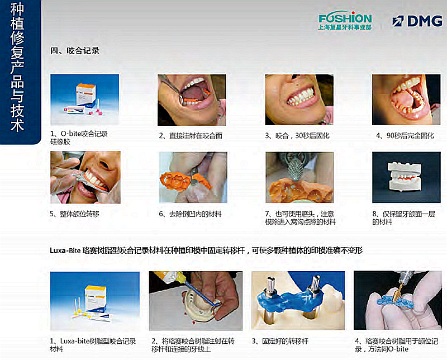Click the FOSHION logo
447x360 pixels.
point(345,21)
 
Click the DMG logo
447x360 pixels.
point(417,21)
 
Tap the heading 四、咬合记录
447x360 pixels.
point(75,51)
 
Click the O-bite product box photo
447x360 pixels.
point(85,100)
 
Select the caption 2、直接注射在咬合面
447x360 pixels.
point(191,136)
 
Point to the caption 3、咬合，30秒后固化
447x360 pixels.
point(297,136)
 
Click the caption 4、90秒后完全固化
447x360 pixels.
point(405,136)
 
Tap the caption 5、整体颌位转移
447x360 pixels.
point(74,214)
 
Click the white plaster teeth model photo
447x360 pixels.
point(406,177)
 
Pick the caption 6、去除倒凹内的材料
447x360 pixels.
point(190,214)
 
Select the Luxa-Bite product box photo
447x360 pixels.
point(94,301)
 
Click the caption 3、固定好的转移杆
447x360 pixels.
point(280,341)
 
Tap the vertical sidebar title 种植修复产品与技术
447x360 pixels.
point(17,68)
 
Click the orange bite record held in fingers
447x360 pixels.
point(186,181)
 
